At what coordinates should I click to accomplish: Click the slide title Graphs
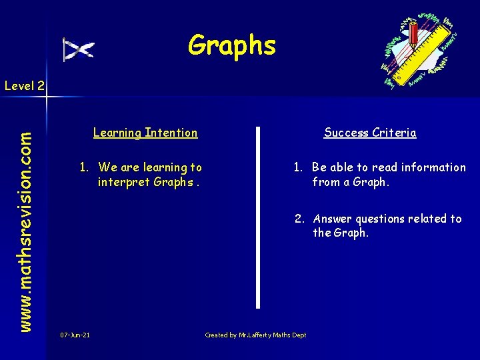[231, 45]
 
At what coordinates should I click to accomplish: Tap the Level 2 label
[24, 85]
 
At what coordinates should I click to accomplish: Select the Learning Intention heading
[145, 133]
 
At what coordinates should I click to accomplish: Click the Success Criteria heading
[370, 133]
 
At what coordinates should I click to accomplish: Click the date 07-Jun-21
[75, 335]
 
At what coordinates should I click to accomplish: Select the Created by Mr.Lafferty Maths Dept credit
[255, 335]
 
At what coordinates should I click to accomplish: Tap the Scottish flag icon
[78, 49]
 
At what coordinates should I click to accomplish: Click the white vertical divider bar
[258, 217]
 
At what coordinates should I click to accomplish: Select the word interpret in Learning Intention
[123, 182]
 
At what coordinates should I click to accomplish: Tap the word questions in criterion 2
[379, 219]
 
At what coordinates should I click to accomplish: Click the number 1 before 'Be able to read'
[297, 167]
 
